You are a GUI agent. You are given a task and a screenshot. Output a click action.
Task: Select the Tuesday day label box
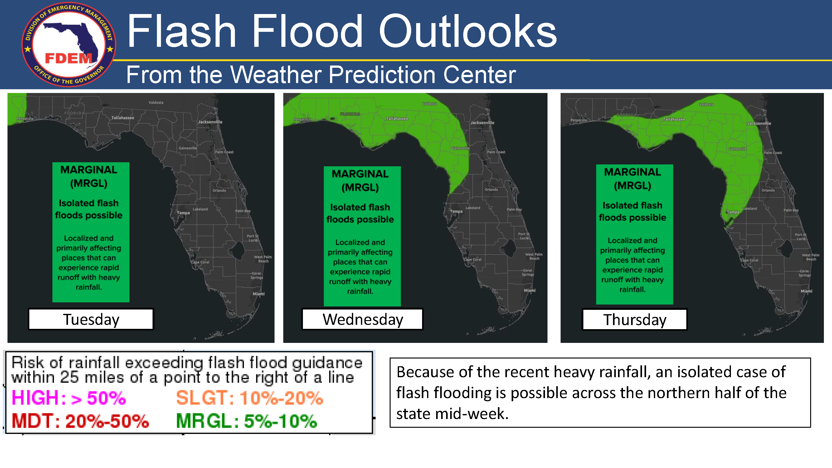pyautogui.click(x=91, y=319)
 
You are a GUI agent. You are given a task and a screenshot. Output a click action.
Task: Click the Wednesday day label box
pyautogui.click(x=362, y=319)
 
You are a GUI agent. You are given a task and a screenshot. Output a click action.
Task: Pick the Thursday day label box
pyautogui.click(x=634, y=319)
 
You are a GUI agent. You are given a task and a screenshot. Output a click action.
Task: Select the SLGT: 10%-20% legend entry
pyautogui.click(x=249, y=397)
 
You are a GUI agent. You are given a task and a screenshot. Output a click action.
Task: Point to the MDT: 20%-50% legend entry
pyautogui.click(x=80, y=421)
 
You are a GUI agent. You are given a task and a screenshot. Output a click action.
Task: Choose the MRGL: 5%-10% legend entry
pyautogui.click(x=246, y=421)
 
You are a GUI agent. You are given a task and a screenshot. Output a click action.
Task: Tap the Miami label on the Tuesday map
pyautogui.click(x=258, y=294)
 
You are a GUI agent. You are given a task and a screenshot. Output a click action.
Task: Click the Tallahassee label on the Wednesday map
pyautogui.click(x=397, y=119)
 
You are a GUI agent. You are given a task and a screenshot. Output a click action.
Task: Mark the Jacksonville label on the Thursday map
pyautogui.click(x=759, y=123)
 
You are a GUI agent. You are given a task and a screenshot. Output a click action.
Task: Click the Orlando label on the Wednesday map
pyautogui.click(x=491, y=190)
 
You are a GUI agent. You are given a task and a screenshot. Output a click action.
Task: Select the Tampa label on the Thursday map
pyautogui.click(x=732, y=212)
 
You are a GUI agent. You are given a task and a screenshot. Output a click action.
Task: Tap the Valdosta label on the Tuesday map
pyautogui.click(x=156, y=102)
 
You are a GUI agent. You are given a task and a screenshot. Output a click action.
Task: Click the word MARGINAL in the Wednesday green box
pyautogui.click(x=360, y=174)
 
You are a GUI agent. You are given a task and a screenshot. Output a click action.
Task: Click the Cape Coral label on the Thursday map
pyautogui.click(x=749, y=260)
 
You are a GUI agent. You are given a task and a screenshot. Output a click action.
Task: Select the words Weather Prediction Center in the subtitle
pyautogui.click(x=373, y=75)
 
